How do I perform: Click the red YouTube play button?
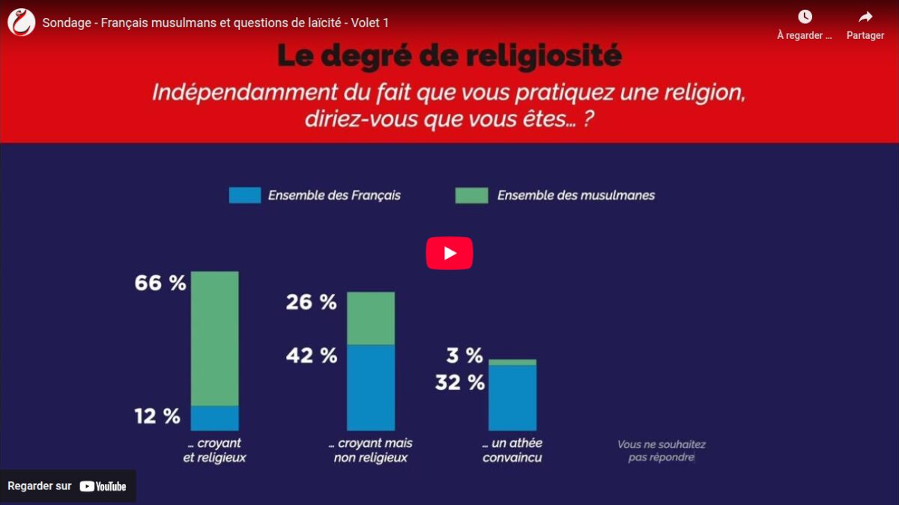(449, 253)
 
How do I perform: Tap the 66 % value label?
(160, 283)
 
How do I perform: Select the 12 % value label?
(157, 416)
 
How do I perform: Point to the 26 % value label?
(311, 302)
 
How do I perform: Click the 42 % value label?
(312, 355)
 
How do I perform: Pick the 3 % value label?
(464, 355)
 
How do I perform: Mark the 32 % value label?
(460, 382)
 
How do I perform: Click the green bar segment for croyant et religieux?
(215, 339)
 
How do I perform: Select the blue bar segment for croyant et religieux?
(215, 418)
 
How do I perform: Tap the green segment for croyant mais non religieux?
(371, 318)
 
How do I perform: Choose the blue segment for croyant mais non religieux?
(371, 388)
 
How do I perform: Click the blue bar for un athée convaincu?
(512, 398)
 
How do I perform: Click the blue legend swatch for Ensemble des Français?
(245, 195)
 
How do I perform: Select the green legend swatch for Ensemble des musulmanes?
(471, 195)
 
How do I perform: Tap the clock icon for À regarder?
(805, 16)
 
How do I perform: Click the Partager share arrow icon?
(865, 16)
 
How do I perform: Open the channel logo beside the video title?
(21, 22)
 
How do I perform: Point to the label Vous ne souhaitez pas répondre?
(662, 450)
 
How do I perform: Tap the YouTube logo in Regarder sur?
(103, 486)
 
